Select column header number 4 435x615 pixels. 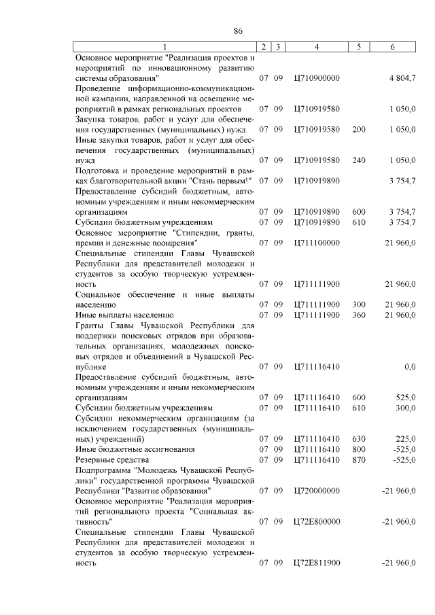coord(317,46)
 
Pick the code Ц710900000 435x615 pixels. coord(316,78)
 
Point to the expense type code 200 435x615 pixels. coord(359,129)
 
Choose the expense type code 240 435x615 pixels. coord(359,160)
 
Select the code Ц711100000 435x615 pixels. coord(316,243)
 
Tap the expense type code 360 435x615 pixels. coord(359,315)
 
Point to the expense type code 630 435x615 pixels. coord(359,438)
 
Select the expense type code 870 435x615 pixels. coord(359,459)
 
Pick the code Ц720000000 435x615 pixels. coord(316,490)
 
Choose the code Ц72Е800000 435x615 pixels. coord(316,521)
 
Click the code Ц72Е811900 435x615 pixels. coord(316,563)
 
